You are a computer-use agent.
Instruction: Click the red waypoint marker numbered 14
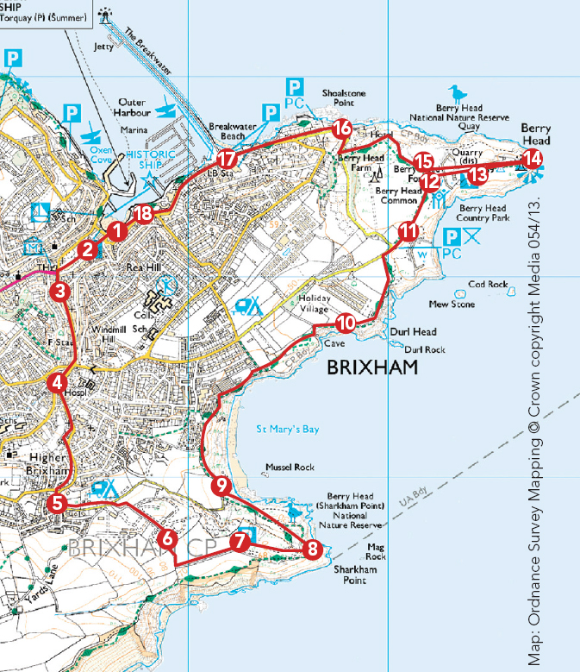coord(533,158)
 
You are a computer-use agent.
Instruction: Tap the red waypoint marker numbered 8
coord(313,547)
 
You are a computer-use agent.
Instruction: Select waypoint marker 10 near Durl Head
coord(346,323)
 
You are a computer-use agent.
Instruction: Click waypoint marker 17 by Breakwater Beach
coord(227,159)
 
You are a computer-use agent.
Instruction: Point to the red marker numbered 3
coord(59,292)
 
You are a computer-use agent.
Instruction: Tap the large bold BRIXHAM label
coord(371,368)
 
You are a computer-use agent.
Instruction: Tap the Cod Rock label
coord(488,284)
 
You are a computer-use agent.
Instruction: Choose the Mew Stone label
coord(452,304)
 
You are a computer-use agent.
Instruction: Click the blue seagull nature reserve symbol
coord(454,92)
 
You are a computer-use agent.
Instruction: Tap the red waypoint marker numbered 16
coord(342,129)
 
